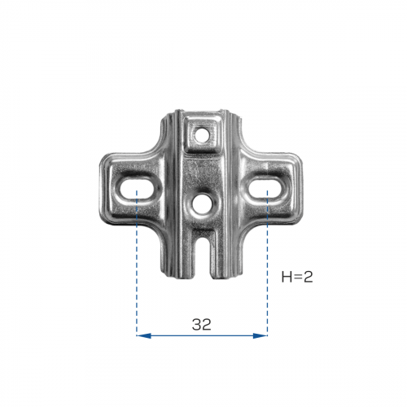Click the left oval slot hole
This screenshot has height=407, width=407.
[x=136, y=189]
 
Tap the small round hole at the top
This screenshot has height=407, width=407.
[x=201, y=134]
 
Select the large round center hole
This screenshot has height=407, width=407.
[x=201, y=203]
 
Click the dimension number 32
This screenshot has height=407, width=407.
[x=201, y=325]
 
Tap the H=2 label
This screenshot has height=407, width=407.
[x=297, y=277]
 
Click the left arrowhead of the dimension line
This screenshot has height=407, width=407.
[x=144, y=336]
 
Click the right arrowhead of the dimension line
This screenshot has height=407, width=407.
[x=260, y=336]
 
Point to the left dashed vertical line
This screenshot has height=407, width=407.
[x=137, y=263]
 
